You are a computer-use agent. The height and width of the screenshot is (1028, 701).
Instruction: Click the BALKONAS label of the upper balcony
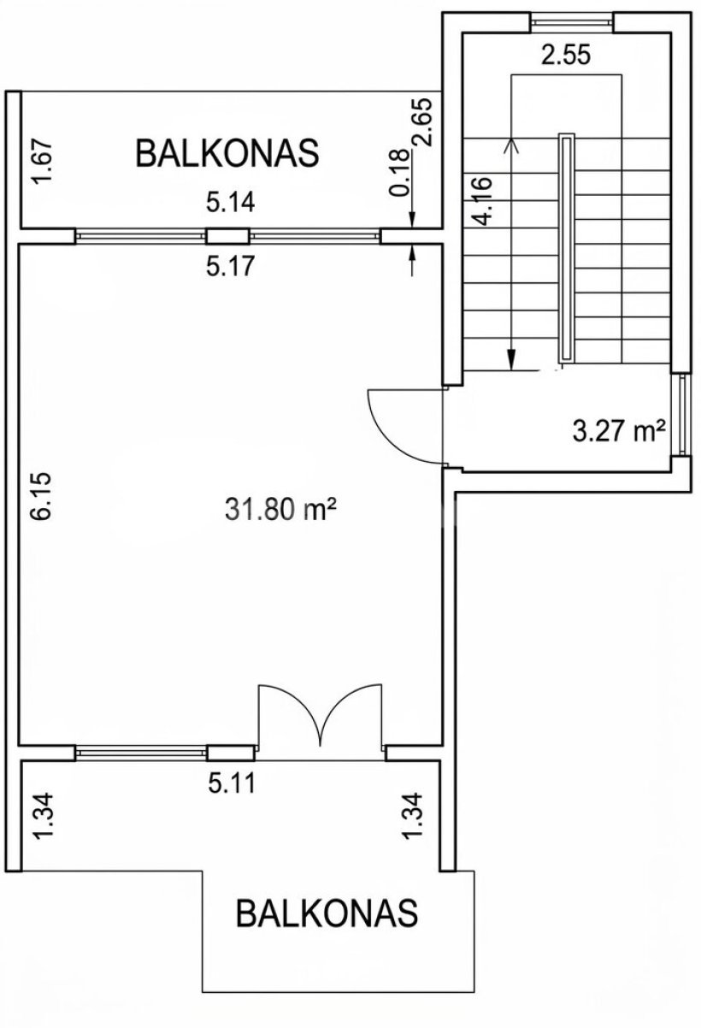(227, 153)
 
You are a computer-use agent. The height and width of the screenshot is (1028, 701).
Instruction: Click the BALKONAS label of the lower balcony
(327, 913)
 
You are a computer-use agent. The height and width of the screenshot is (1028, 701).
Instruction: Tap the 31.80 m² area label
(281, 510)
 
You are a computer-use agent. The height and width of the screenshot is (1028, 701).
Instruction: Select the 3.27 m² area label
(619, 431)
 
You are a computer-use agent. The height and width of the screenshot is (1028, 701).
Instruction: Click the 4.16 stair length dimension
(485, 201)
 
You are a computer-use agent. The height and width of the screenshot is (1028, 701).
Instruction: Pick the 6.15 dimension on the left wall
(42, 496)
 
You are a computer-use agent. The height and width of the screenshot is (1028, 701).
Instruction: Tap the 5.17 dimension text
(230, 266)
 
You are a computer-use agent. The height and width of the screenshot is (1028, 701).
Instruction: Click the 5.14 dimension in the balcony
(230, 203)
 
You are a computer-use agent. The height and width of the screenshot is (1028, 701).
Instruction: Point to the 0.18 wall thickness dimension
(399, 172)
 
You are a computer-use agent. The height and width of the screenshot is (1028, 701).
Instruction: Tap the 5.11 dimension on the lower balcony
(231, 784)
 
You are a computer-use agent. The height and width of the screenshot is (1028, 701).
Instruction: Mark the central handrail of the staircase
(566, 248)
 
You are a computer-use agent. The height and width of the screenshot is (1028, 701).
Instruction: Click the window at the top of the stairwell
(572, 21)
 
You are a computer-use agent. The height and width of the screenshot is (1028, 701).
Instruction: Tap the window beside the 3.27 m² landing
(683, 415)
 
